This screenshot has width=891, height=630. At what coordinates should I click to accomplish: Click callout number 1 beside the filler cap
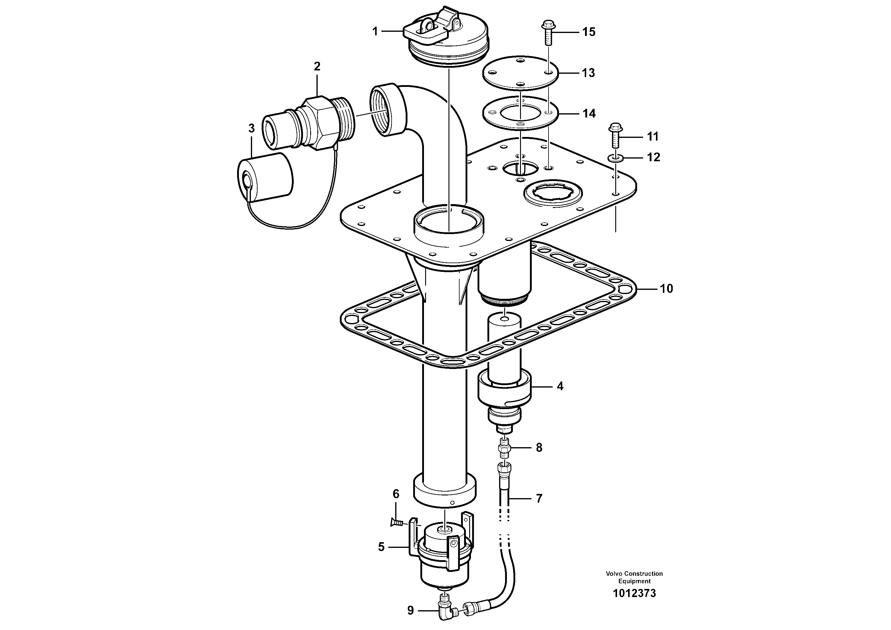point(375,31)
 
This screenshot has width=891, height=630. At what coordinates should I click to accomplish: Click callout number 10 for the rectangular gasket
point(666,289)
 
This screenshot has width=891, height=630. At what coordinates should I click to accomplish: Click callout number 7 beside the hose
point(539,498)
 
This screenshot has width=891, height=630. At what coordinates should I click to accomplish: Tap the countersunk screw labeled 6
point(396,523)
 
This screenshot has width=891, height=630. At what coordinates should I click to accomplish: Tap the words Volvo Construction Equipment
point(634,577)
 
